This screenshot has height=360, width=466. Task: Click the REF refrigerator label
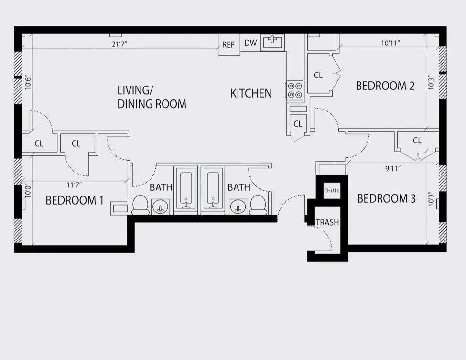[x=228, y=45]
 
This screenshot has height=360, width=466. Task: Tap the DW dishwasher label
[x=250, y=43]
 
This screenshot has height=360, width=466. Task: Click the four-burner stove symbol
[x=294, y=90]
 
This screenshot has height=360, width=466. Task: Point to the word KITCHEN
[x=251, y=93]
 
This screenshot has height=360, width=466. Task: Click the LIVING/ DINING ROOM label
[x=152, y=97]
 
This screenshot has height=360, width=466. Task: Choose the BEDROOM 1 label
[x=75, y=200]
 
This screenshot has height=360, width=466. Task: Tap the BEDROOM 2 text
[x=385, y=86]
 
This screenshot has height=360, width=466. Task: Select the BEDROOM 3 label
[x=386, y=198]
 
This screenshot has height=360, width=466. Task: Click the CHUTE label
[x=332, y=191]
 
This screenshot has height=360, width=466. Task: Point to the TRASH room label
[x=327, y=222]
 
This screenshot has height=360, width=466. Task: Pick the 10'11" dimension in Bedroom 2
[x=390, y=43]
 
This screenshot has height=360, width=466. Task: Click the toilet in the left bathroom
[x=141, y=204]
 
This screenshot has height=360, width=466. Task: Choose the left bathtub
[x=185, y=189]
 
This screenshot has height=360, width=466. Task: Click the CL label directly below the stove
[x=298, y=124]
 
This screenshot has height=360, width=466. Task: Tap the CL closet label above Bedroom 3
[x=417, y=141]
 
